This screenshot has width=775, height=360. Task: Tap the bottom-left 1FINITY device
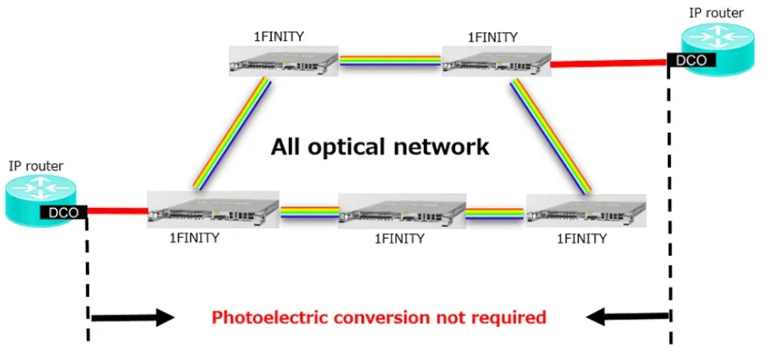coord(213,210)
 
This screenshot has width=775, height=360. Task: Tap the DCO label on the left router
coord(64,211)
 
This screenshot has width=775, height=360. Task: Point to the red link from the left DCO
coord(117,210)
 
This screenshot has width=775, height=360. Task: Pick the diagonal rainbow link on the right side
coord(549,135)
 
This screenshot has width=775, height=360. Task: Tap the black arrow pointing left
coord(626,317)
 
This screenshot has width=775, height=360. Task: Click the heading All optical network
coord(380,147)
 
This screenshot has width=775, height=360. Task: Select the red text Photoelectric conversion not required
coord(378,317)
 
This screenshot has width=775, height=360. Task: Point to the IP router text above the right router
coord(716,12)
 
